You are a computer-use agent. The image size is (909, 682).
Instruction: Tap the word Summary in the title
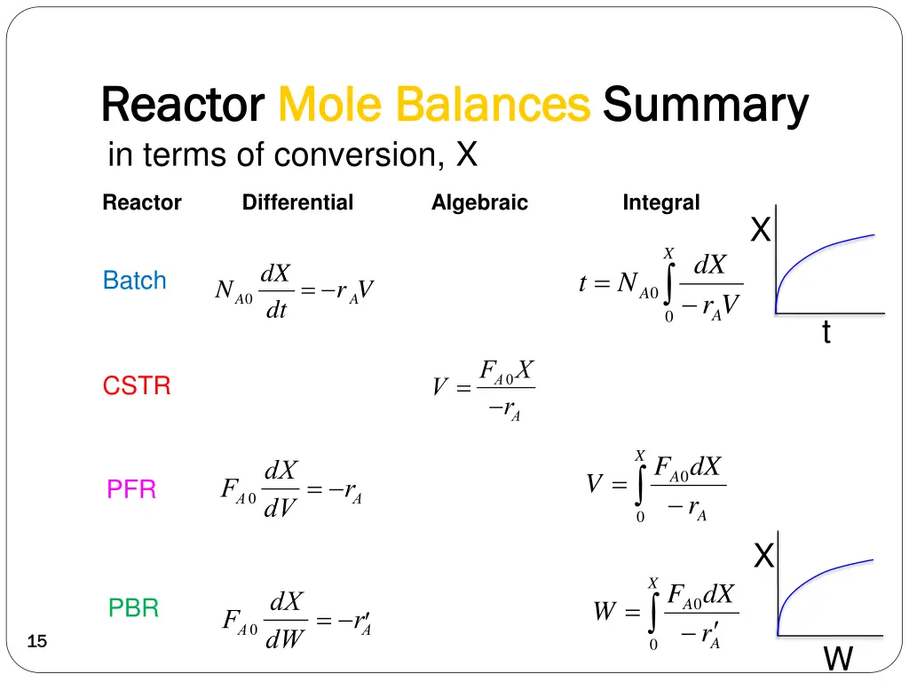coord(706,105)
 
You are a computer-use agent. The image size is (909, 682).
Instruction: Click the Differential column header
coord(297,202)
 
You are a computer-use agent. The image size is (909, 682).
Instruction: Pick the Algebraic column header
coord(479,202)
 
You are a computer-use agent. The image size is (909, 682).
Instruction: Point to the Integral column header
coord(660,202)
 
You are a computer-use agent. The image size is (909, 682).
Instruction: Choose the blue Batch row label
coord(134,281)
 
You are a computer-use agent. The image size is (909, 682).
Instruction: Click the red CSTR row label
coord(137,386)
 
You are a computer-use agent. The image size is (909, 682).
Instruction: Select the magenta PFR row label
coord(131,489)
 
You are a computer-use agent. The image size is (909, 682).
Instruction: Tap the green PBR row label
coord(133,608)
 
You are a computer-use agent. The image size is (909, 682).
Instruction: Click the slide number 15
coord(36,642)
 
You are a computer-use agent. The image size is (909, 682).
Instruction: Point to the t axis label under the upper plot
coord(826,333)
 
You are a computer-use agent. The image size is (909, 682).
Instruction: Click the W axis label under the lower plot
coord(838,659)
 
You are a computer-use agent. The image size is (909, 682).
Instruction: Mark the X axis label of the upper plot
coord(760,231)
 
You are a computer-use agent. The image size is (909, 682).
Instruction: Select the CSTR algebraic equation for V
coord(483,388)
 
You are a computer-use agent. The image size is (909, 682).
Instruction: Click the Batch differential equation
coord(293,291)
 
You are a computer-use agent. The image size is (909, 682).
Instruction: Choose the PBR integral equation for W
coord(666,614)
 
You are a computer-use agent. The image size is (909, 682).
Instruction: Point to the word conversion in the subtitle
coord(355,155)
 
